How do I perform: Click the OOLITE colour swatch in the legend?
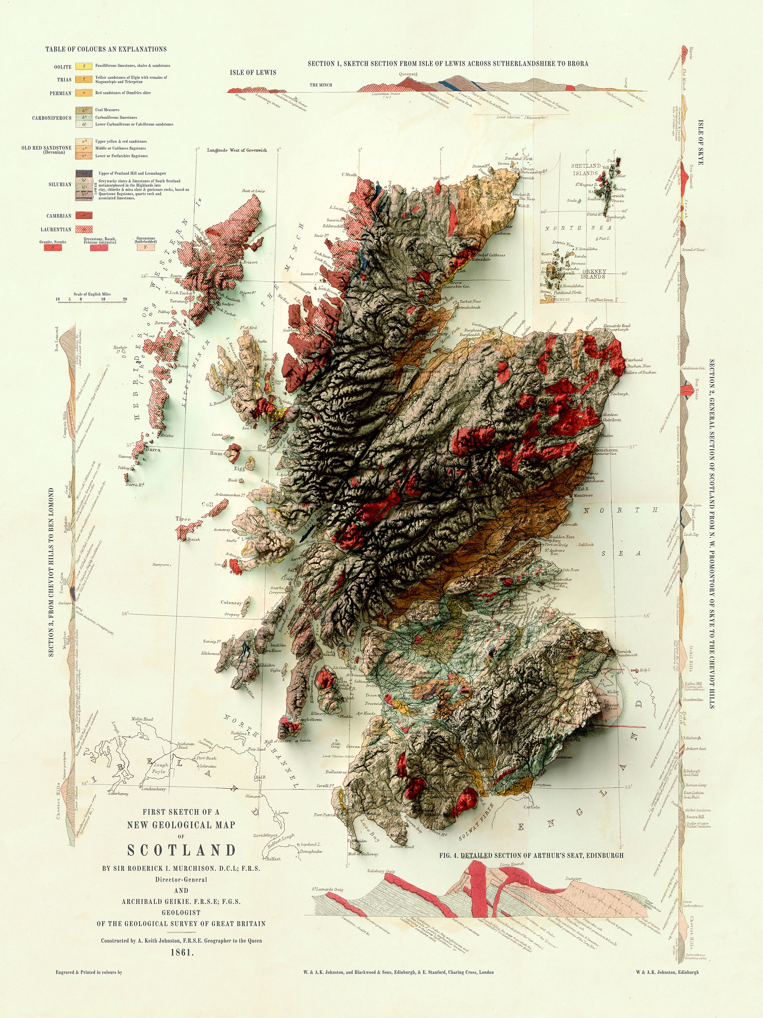pos(84,66)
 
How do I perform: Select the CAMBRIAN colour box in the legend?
pos(84,214)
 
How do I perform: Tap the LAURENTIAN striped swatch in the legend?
pos(84,229)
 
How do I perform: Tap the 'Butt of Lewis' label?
pos(253,190)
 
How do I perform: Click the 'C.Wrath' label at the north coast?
pos(350,174)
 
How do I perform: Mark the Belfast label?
pos(273,858)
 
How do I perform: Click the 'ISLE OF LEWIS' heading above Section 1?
pos(253,73)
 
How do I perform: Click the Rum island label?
pos(216,453)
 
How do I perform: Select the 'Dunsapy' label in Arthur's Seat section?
pos(573,878)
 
